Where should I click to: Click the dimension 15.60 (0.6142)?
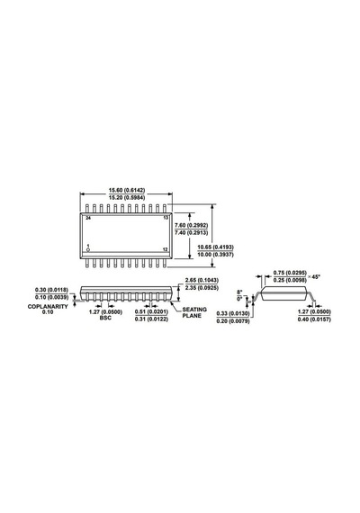pyautogui.click(x=127, y=190)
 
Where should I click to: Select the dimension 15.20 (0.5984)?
pyautogui.click(x=127, y=197)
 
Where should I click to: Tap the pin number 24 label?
pyautogui.click(x=88, y=218)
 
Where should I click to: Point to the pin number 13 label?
pyautogui.click(x=166, y=218)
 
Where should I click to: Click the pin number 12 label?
pyautogui.click(x=166, y=249)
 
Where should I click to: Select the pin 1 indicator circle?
pyautogui.click(x=87, y=250)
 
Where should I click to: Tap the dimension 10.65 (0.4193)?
pyautogui.click(x=216, y=247)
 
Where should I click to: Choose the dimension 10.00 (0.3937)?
pyautogui.click(x=216, y=255)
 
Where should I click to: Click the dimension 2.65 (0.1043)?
pyautogui.click(x=202, y=281)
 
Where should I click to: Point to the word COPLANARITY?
pyautogui.click(x=48, y=307)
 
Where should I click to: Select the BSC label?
pyautogui.click(x=105, y=318)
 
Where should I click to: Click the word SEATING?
pyautogui.click(x=194, y=310)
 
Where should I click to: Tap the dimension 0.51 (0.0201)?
pyautogui.click(x=151, y=311)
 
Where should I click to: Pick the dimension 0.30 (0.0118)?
pyautogui.click(x=51, y=290)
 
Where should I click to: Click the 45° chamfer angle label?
pyautogui.click(x=316, y=277)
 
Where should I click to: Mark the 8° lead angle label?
pyautogui.click(x=240, y=292)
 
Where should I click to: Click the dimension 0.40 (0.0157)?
pyautogui.click(x=314, y=319)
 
